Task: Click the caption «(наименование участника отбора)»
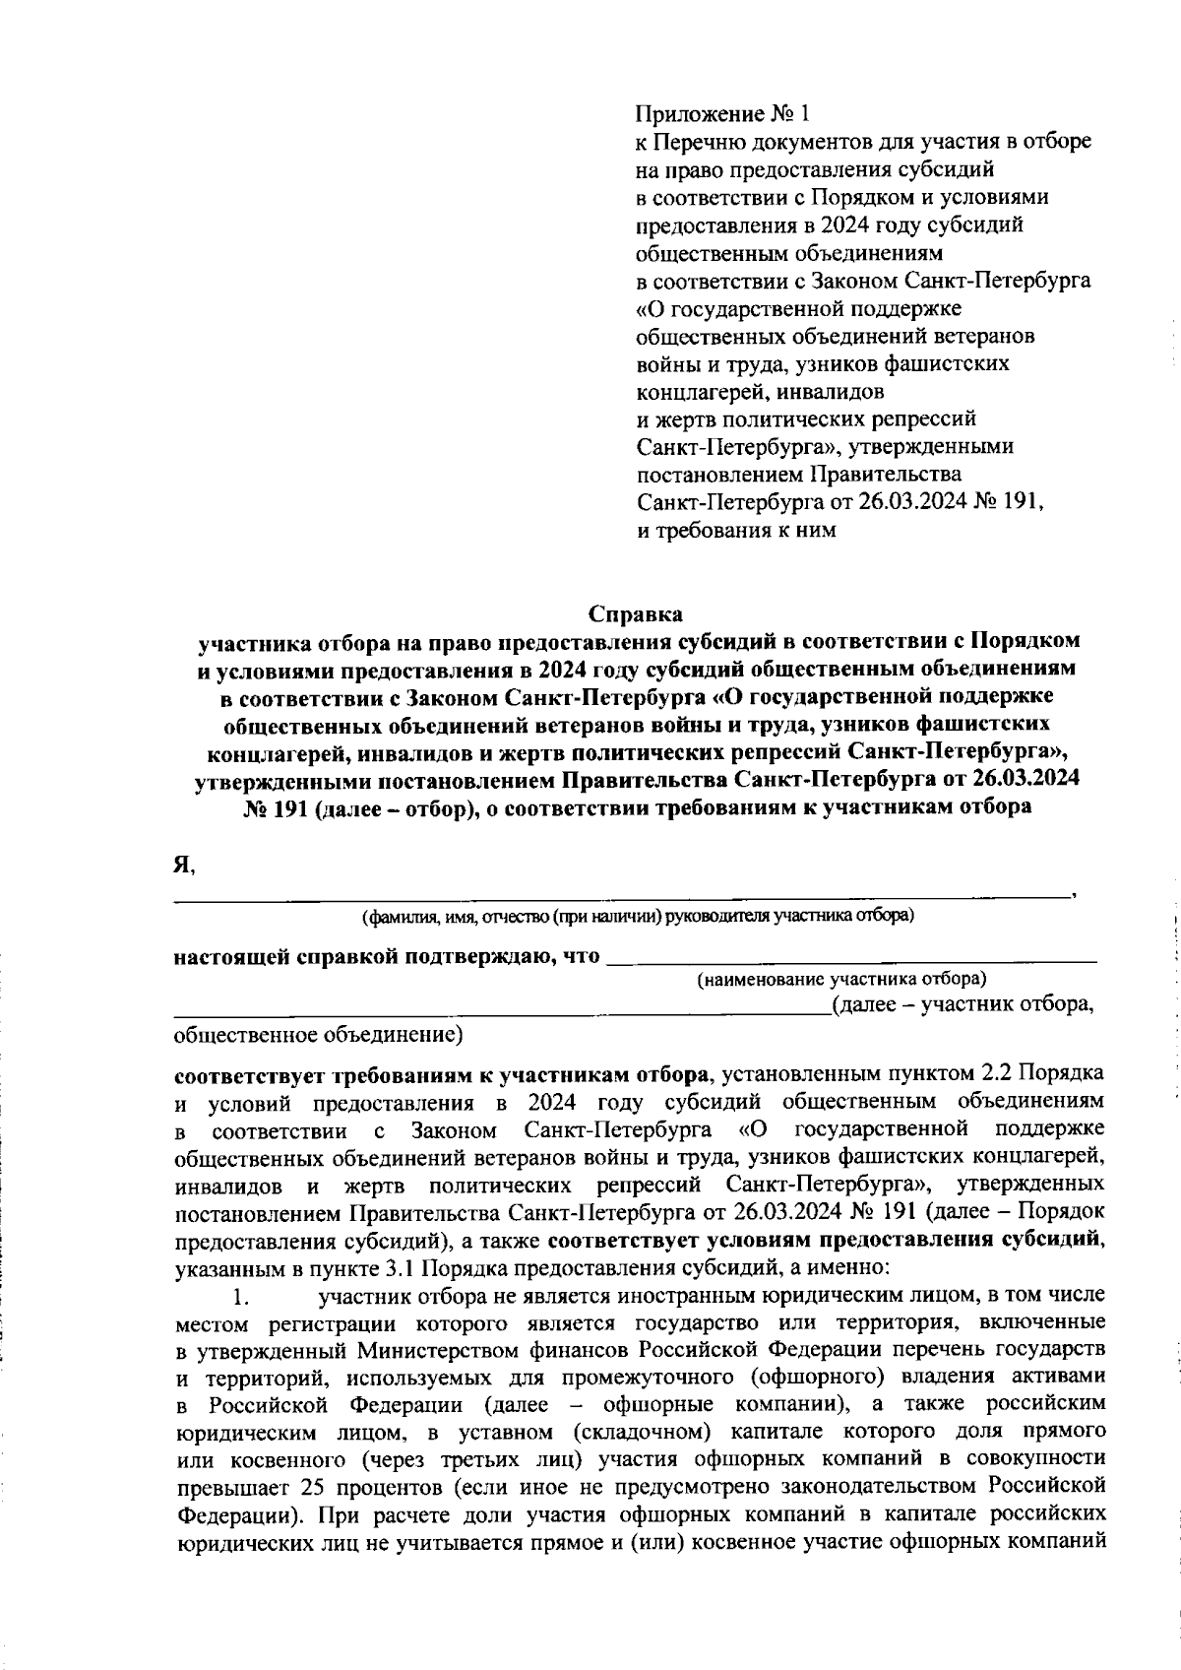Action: (841, 979)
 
